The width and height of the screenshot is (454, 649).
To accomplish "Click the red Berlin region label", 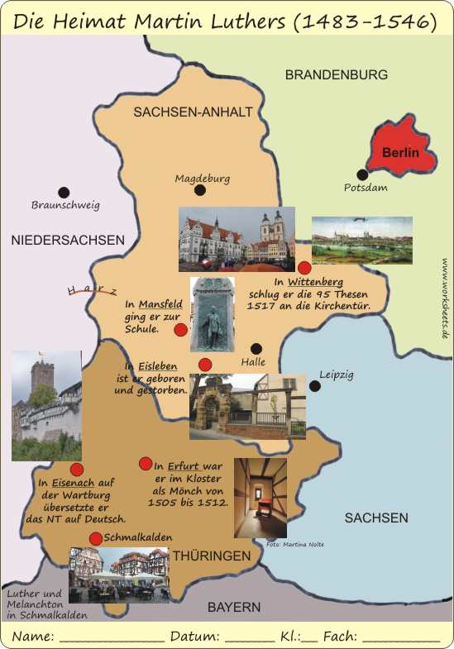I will tap(400, 153).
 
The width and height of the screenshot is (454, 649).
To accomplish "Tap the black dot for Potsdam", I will tap(361, 174).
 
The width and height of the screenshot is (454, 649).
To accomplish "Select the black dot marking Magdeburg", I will tap(199, 190).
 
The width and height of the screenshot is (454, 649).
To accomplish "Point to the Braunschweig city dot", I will tap(64, 192).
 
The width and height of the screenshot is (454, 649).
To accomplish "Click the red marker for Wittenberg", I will tap(304, 267).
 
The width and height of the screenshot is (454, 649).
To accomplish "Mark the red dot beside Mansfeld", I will tap(180, 330).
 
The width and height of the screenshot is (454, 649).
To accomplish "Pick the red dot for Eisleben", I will tap(205, 365).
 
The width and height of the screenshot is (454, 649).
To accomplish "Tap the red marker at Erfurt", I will tap(146, 463).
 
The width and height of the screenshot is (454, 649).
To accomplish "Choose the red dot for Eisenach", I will tap(76, 470).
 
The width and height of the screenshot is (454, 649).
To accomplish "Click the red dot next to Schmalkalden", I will tap(95, 538).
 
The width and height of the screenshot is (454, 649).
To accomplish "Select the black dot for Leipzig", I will tap(314, 385).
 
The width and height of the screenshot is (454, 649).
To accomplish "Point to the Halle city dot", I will tap(256, 349).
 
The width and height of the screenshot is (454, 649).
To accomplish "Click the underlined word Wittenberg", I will tap(315, 282).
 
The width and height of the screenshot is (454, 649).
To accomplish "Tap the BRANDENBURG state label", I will tap(336, 74).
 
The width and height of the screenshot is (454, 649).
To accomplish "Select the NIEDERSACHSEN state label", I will tap(68, 240).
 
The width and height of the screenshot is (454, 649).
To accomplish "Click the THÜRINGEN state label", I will tap(211, 556).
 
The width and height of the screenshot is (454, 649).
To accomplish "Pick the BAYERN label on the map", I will tap(234, 607).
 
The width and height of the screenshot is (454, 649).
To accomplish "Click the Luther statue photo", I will tap(212, 314).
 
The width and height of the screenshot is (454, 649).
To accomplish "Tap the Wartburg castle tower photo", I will tap(46, 405).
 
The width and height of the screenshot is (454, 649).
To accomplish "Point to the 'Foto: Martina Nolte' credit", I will tap(295, 544).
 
